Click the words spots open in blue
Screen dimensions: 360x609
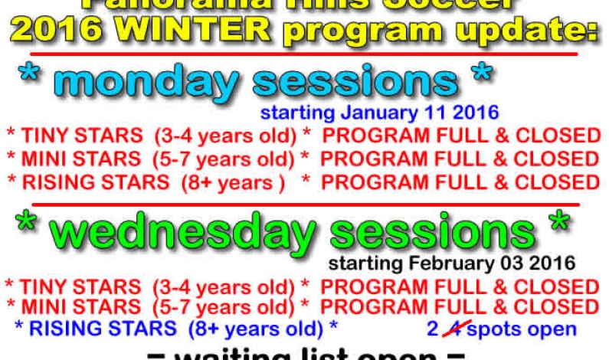point(522,329)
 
